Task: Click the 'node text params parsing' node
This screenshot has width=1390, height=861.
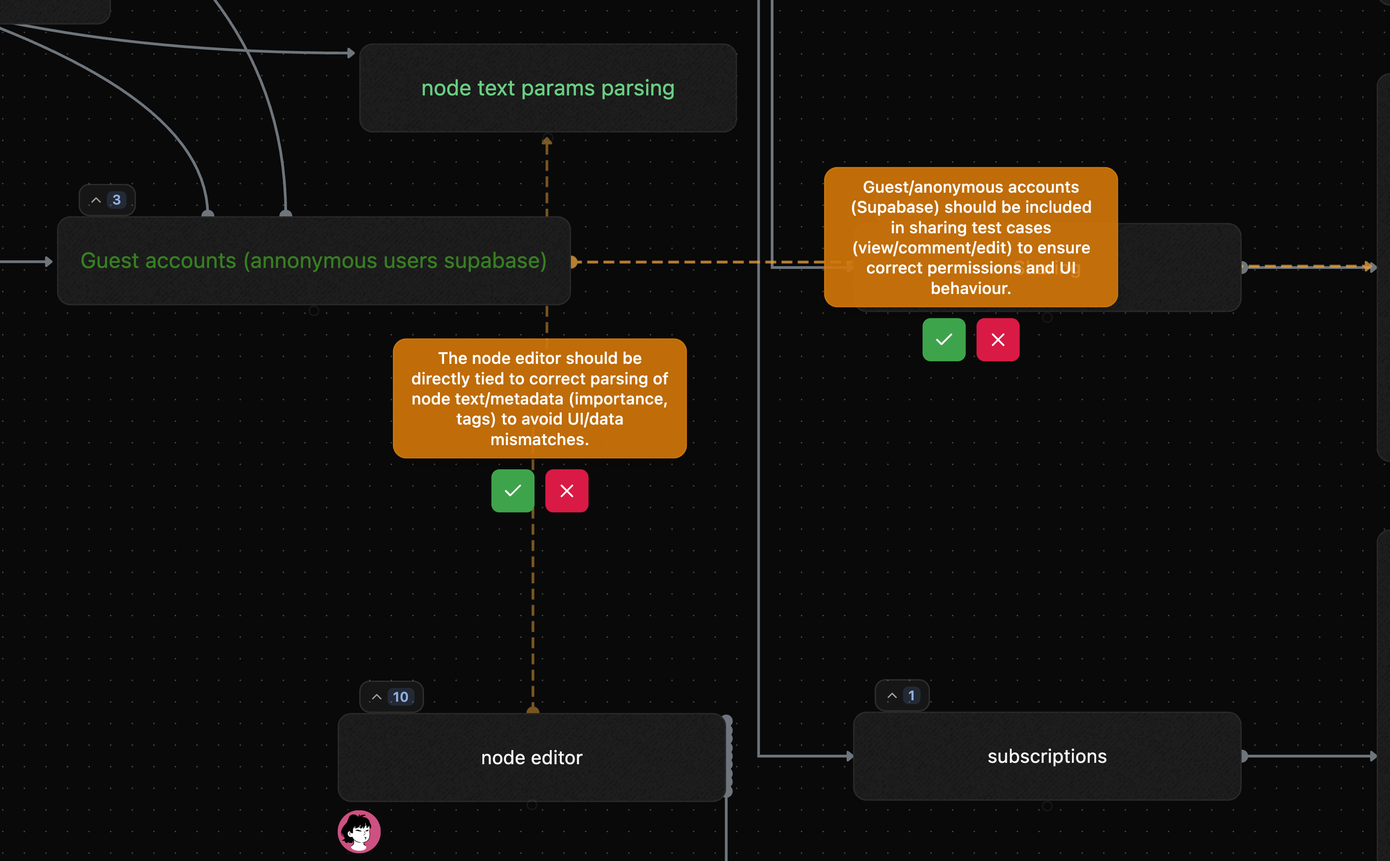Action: pyautogui.click(x=548, y=88)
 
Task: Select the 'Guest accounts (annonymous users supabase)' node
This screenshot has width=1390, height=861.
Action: pyautogui.click(x=314, y=261)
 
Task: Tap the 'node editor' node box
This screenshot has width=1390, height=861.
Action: pyautogui.click(x=532, y=757)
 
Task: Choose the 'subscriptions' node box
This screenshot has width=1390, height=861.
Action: pyautogui.click(x=1046, y=756)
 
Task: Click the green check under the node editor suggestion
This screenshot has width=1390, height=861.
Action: pyautogui.click(x=512, y=491)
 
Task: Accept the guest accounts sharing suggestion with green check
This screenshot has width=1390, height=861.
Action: pyautogui.click(x=944, y=340)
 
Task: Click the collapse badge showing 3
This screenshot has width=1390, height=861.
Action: pyautogui.click(x=107, y=200)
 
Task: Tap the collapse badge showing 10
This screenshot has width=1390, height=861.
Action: pyautogui.click(x=392, y=697)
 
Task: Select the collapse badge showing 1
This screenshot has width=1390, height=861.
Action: pyautogui.click(x=902, y=696)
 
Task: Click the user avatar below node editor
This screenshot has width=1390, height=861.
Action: pyautogui.click(x=359, y=832)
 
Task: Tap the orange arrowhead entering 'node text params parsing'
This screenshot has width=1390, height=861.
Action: pyautogui.click(x=546, y=142)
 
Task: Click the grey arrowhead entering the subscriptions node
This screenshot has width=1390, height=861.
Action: pyautogui.click(x=849, y=756)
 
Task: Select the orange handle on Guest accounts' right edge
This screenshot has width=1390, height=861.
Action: pyautogui.click(x=574, y=262)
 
